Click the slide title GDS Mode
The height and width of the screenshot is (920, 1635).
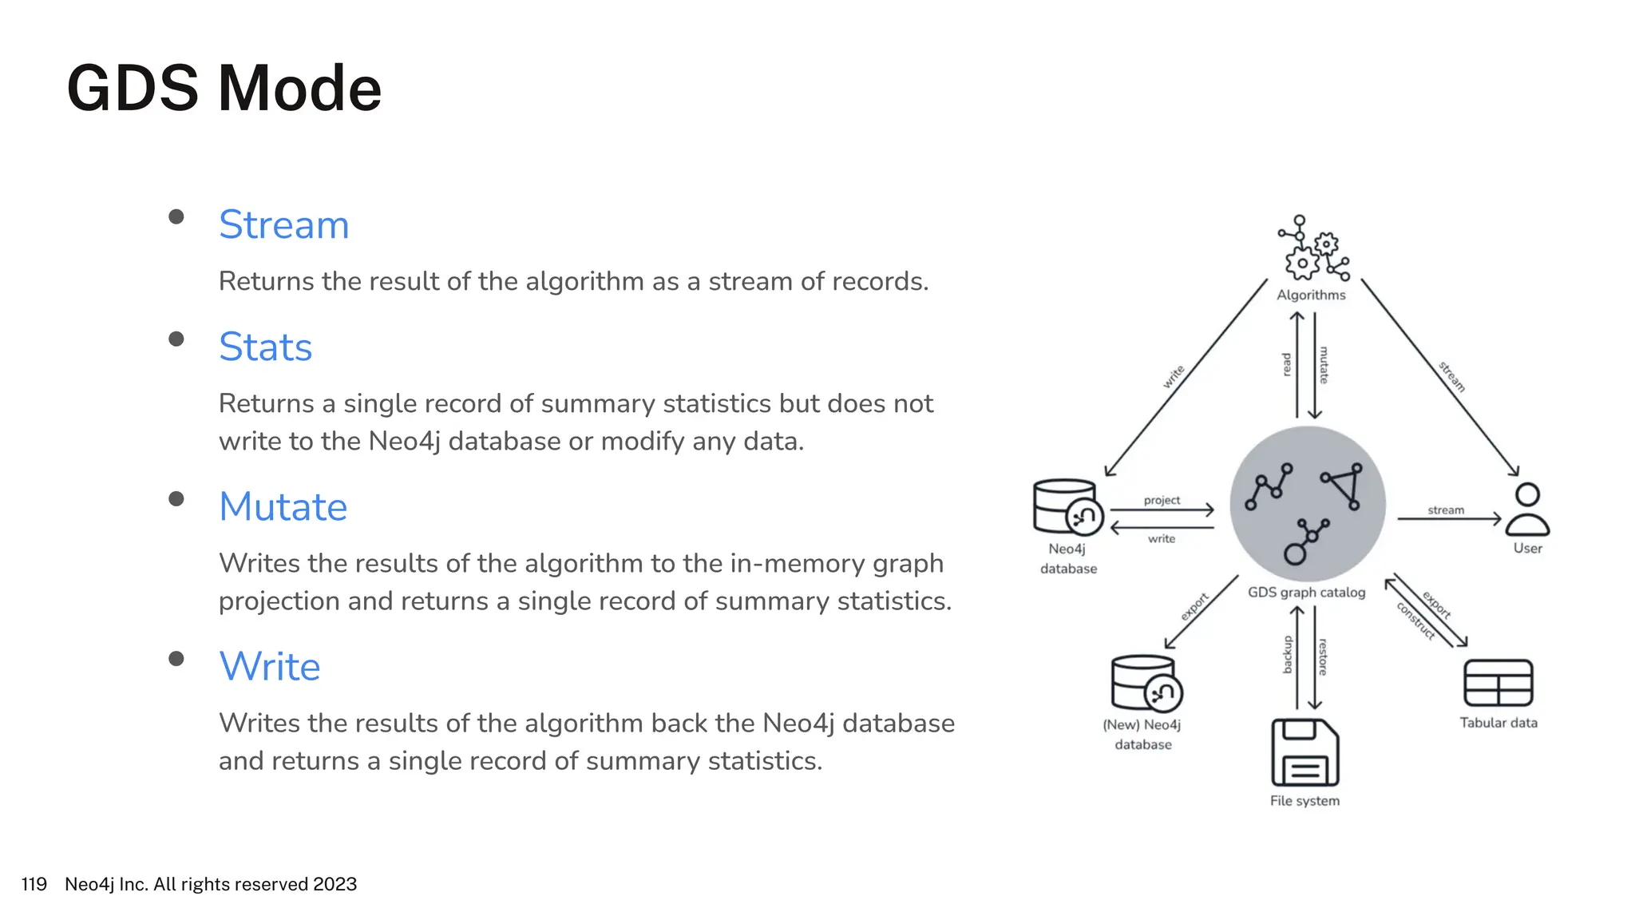[224, 88]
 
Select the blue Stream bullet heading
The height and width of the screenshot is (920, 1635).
[283, 224]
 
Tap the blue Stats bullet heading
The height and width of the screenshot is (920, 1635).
[265, 347]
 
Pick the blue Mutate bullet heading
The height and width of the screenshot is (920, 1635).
[283, 506]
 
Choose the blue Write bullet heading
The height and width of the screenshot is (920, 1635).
[269, 666]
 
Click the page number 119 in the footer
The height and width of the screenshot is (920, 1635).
[34, 884]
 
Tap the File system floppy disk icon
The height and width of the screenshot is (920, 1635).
[1304, 752]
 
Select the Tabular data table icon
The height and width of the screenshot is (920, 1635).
[1498, 683]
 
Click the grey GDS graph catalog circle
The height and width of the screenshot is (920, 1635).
[1307, 504]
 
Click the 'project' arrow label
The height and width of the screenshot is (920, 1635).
[1162, 500]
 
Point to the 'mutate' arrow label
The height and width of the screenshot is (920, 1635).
[1324, 365]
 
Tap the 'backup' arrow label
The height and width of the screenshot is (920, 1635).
[1287, 655]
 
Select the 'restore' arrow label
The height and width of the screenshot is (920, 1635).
[1323, 656]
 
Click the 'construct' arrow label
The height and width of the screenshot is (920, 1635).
[1415, 621]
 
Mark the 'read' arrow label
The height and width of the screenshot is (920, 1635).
[1286, 365]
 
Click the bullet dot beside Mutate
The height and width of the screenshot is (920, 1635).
[176, 499]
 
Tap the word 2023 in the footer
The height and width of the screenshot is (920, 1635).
[335, 884]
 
